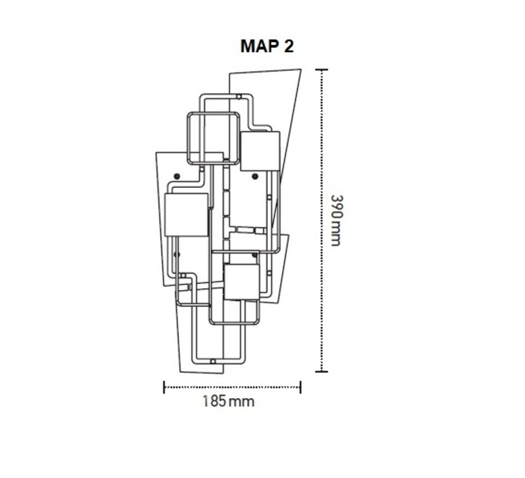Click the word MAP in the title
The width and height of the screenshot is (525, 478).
260,46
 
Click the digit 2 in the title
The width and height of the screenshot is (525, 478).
289,46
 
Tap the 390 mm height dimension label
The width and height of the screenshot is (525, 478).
336,220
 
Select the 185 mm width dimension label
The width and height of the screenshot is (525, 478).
229,401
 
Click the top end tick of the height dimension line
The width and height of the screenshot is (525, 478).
322,70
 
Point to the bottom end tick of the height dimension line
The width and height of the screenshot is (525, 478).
322,372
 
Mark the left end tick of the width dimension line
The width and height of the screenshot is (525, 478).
164,387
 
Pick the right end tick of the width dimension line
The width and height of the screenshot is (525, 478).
300,387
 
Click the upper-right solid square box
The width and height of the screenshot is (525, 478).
260,151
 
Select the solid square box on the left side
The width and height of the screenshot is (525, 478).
187,215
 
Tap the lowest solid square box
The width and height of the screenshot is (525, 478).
241,282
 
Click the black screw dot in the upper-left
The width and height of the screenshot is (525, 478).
177,176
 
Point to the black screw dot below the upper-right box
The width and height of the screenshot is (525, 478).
255,176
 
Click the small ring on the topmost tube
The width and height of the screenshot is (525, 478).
239,97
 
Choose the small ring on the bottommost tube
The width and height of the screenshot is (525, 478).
212,361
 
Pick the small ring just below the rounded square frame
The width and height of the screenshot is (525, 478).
202,170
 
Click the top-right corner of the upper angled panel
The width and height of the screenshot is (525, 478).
301,69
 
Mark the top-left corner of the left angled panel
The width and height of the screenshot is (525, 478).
157,153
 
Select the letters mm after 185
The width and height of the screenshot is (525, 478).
241,402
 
